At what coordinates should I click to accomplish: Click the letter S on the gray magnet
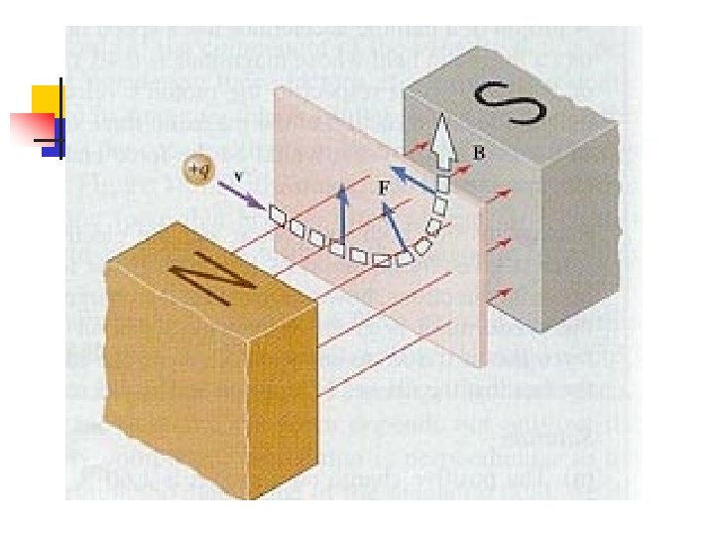coord(504,102)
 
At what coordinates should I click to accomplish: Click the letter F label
coord(383,186)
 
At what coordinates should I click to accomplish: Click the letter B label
coord(478,154)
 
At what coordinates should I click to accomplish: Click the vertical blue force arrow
coord(341,214)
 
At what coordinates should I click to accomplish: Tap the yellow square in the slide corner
coord(44,98)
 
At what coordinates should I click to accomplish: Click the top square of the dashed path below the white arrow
coord(443,183)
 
